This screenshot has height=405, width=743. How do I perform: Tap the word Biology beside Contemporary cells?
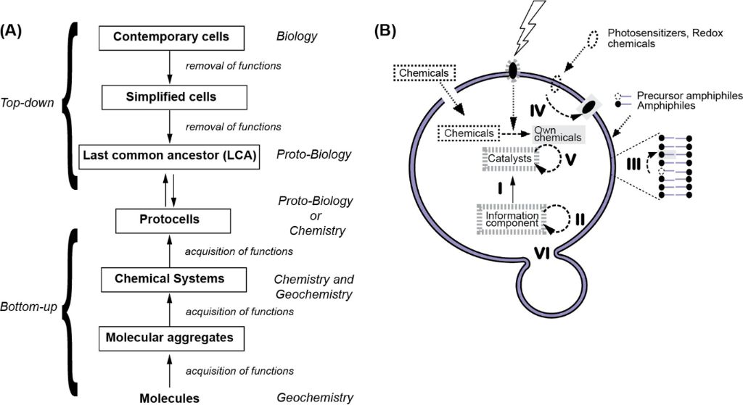point(297,36)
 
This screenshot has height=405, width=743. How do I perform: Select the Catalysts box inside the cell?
point(509,157)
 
